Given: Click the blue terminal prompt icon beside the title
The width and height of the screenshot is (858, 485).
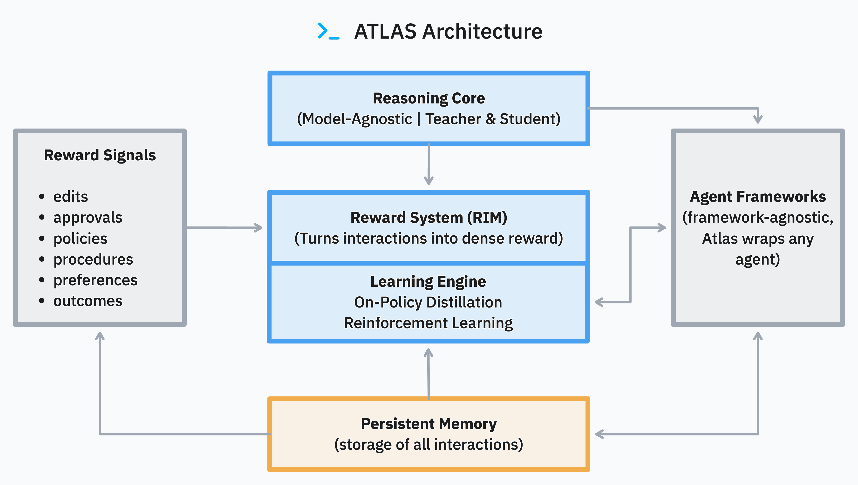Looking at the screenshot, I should pos(328,31).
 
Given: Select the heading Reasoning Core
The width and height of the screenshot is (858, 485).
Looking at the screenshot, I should pos(429,98).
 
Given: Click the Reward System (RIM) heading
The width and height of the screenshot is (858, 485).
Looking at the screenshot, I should pos(429,218).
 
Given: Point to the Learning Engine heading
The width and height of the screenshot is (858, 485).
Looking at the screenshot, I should pos(428,281).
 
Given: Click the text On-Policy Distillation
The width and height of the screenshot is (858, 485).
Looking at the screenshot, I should pos(428,302).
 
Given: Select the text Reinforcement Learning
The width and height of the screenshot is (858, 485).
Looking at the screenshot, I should pos(428,323).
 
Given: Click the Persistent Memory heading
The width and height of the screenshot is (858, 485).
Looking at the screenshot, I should pos(429,424).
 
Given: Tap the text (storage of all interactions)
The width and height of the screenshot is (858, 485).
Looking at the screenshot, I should pos(429,445).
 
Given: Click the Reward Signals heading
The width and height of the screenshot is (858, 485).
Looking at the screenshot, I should pos(100,155).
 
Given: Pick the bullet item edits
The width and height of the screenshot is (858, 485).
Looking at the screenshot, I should pos(71,197).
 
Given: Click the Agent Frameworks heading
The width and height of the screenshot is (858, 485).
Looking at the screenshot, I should pos(758,197).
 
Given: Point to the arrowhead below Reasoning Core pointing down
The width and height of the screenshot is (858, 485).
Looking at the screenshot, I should pos(429,181).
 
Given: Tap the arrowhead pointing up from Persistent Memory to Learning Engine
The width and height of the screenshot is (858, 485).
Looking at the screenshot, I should pos(428,352).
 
